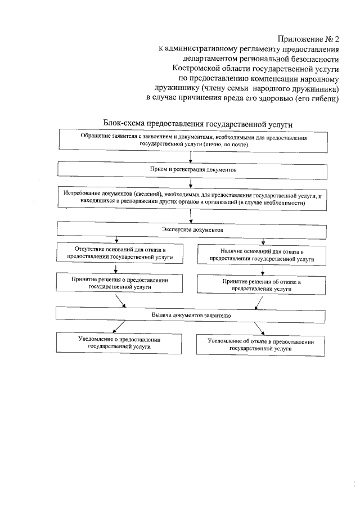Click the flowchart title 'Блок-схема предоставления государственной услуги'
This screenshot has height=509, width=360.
pyautogui.click(x=199, y=123)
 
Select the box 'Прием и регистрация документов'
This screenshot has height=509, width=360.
pyautogui.click(x=193, y=169)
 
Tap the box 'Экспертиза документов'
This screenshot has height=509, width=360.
pyautogui.click(x=193, y=230)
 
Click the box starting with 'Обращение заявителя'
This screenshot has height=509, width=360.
pyautogui.click(x=193, y=141)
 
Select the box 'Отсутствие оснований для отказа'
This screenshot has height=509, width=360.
pyautogui.click(x=119, y=254)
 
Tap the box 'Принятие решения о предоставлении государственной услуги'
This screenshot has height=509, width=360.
pyautogui.click(x=119, y=283)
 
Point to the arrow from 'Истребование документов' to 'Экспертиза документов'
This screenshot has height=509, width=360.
pyautogui.click(x=192, y=216)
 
